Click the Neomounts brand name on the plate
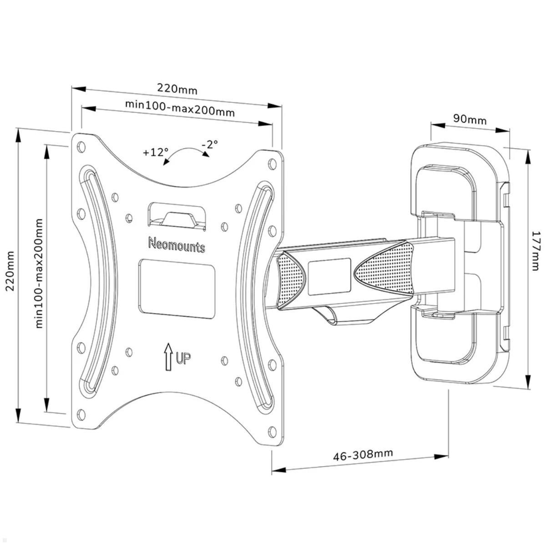click(x=177, y=244)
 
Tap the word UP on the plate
click(x=183, y=359)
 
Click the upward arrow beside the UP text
click(x=169, y=356)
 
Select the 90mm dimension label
click(x=470, y=119)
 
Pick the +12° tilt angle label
click(x=155, y=152)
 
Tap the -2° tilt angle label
click(x=210, y=144)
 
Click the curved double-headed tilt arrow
click(x=187, y=153)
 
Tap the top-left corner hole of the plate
click(x=82, y=147)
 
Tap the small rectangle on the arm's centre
click(x=329, y=277)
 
